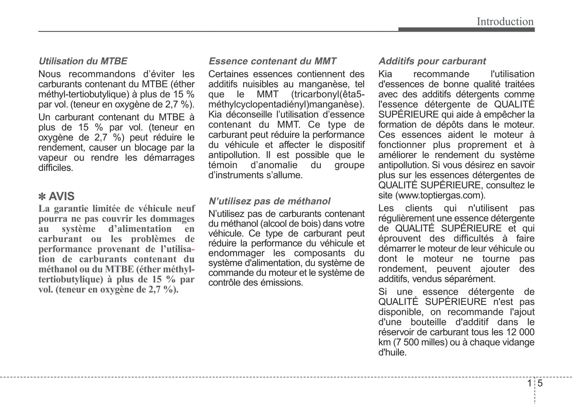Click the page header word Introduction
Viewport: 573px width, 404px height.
505,21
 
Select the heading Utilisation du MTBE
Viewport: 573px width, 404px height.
83,61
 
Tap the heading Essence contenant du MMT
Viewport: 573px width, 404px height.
272,61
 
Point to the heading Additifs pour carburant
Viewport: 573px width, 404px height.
432,61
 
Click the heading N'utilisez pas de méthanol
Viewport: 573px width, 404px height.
269,201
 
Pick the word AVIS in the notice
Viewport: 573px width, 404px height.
61,196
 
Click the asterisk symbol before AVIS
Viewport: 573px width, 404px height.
42,197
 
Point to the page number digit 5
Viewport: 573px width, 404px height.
540,383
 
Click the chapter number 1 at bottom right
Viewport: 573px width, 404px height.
529,383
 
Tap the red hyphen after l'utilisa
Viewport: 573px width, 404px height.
193,249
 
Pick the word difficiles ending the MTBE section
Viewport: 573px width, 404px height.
56,168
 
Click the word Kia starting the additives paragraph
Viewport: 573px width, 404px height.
385,74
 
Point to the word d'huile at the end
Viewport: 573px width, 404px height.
392,352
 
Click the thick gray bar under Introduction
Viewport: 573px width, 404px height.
466,30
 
